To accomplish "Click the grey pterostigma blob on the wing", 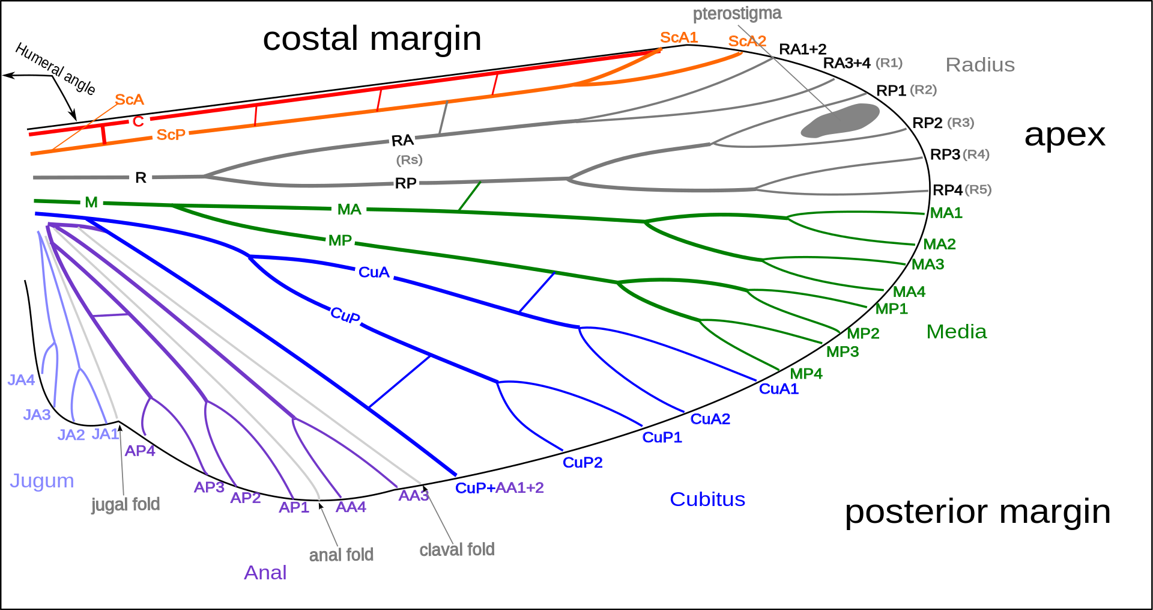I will tap(841, 120).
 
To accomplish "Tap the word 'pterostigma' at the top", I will tap(737, 13).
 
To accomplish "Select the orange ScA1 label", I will tap(679, 37).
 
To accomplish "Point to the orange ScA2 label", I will tap(747, 41).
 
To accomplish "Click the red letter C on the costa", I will tap(138, 121).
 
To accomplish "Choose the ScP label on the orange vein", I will tap(171, 135).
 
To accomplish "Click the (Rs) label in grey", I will tap(409, 160).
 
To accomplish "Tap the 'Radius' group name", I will tap(980, 65).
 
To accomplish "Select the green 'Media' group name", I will tap(956, 332).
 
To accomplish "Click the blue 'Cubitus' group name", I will tap(707, 499).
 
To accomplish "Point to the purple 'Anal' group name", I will tap(265, 573).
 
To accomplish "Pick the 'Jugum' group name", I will tap(41, 481).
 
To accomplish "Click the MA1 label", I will tap(946, 213).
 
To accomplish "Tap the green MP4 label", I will tap(806, 374).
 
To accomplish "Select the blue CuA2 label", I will tap(710, 419).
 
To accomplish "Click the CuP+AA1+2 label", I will tap(500, 488).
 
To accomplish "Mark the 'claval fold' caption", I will tap(456, 549).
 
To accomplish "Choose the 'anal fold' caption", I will tap(341, 555).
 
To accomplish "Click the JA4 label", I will tap(21, 380).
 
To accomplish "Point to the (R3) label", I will tap(960, 123).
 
